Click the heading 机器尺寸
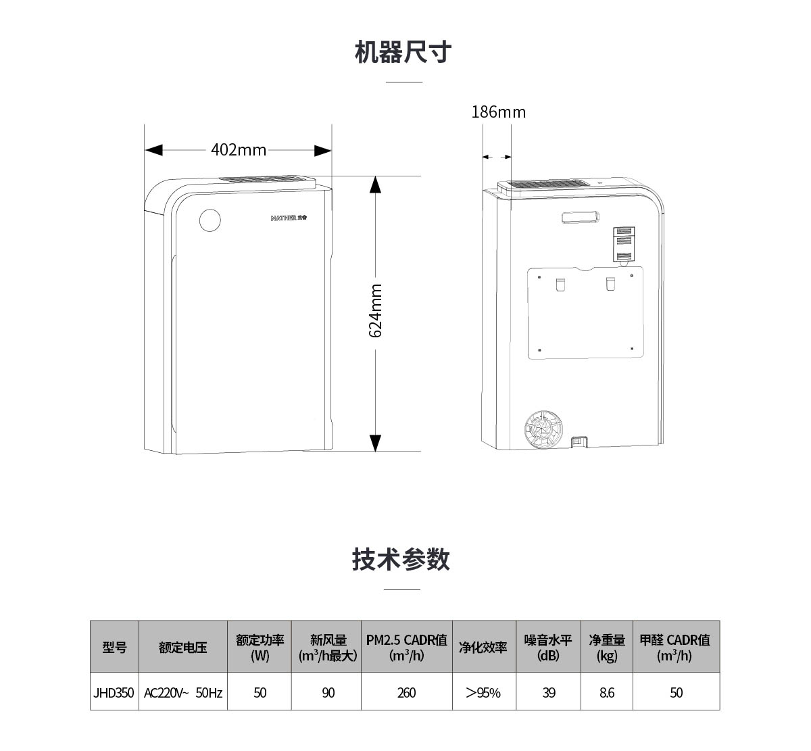coord(403,52)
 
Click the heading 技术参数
coord(401,560)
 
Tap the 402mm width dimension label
coord(239,149)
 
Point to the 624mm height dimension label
coord(376,311)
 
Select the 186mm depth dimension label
coord(498,112)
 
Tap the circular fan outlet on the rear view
coord(544,429)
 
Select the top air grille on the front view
coord(267,180)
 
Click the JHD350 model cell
coord(114,692)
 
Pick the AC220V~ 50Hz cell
coord(183,692)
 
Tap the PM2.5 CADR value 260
coord(407,692)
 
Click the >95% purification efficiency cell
coord(483,692)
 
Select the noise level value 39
coord(549,692)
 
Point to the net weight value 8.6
coord(607,692)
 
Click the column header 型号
coord(114,647)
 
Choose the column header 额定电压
coord(183,647)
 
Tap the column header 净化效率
coord(483,647)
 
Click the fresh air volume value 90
coord(328,692)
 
